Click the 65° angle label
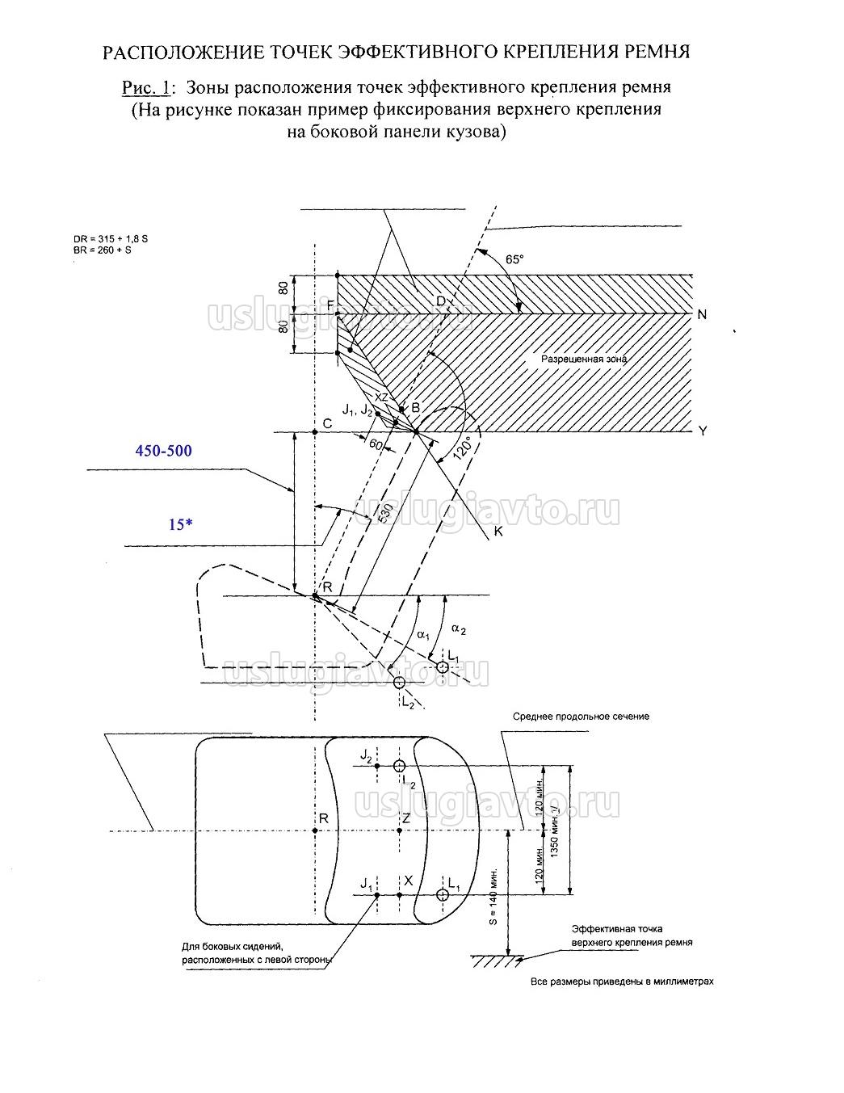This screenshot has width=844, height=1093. (514, 259)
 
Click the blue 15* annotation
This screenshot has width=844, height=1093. (180, 524)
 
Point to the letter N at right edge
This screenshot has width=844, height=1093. (702, 314)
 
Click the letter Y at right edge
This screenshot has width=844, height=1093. (702, 431)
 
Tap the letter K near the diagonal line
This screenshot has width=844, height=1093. (498, 532)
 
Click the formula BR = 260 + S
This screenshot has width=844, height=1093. (101, 250)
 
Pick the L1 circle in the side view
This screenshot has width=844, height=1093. (443, 666)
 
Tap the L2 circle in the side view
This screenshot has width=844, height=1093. (399, 683)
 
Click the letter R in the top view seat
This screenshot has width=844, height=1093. (323, 818)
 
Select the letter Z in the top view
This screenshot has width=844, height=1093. (406, 818)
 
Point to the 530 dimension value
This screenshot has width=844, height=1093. (384, 515)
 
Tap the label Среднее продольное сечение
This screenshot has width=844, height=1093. (581, 716)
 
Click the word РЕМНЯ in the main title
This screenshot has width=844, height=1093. (657, 53)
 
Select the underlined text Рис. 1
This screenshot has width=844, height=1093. (149, 86)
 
